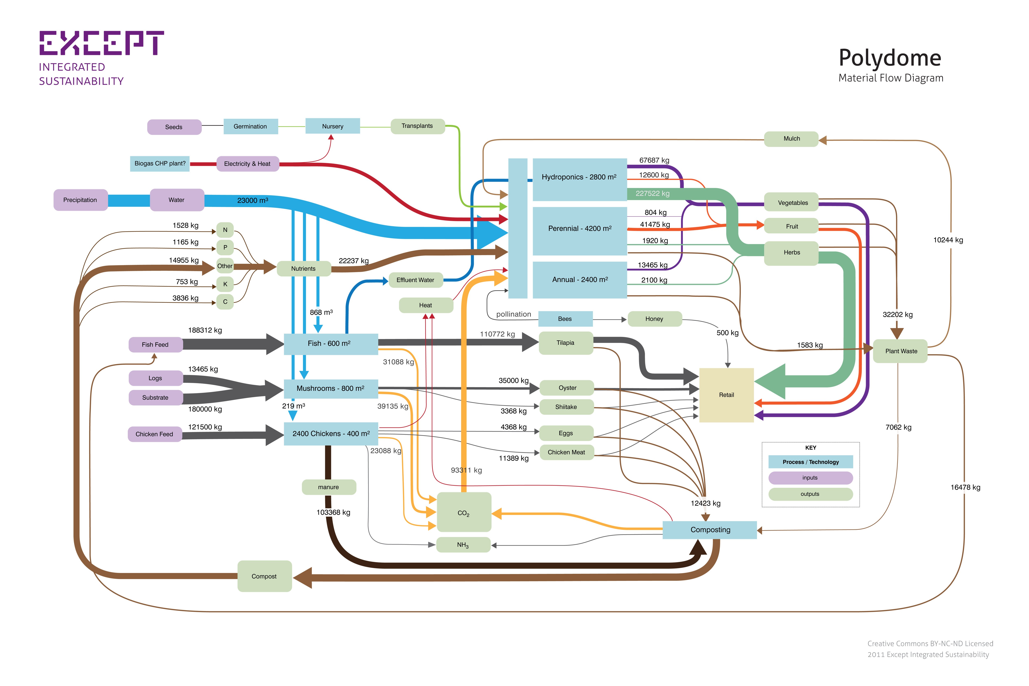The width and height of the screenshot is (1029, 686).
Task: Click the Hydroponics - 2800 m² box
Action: pyautogui.click(x=579, y=177)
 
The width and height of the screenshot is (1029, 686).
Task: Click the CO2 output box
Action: pyautogui.click(x=464, y=513)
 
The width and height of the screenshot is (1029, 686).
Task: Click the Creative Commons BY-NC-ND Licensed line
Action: pyautogui.click(x=930, y=644)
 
